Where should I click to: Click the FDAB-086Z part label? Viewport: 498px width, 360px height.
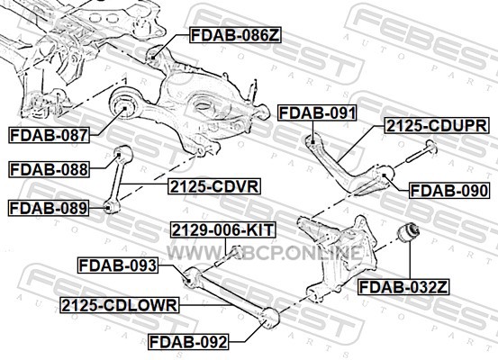click(x=235, y=35)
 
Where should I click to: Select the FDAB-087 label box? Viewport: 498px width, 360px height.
click(x=49, y=135)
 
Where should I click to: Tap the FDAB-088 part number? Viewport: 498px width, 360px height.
click(x=49, y=169)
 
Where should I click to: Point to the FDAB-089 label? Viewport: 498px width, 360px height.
click(x=49, y=208)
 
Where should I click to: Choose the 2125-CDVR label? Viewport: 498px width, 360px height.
click(x=214, y=186)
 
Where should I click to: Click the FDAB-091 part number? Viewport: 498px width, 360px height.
click(x=317, y=112)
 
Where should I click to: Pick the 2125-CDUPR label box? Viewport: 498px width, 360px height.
click(x=437, y=125)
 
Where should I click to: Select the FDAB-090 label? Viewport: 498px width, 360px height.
click(x=448, y=191)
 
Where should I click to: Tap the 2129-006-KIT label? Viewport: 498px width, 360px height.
click(x=223, y=229)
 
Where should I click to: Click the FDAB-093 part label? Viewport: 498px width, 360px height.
click(x=118, y=265)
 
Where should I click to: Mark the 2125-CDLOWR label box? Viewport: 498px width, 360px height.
click(x=120, y=305)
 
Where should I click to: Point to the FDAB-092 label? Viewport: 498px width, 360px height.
click(x=188, y=342)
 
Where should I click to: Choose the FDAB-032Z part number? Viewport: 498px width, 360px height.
click(x=403, y=287)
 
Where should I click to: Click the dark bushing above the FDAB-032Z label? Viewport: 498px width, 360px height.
click(x=409, y=233)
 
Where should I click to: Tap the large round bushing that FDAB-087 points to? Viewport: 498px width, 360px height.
click(x=124, y=103)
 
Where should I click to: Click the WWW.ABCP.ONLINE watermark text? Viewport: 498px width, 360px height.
click(x=265, y=253)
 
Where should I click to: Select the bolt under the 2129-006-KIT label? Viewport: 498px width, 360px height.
click(x=229, y=256)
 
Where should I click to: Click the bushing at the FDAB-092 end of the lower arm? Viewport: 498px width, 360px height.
click(x=268, y=319)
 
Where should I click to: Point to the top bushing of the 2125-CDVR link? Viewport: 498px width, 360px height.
click(x=123, y=153)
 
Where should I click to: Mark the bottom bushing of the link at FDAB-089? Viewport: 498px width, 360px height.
click(x=112, y=206)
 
